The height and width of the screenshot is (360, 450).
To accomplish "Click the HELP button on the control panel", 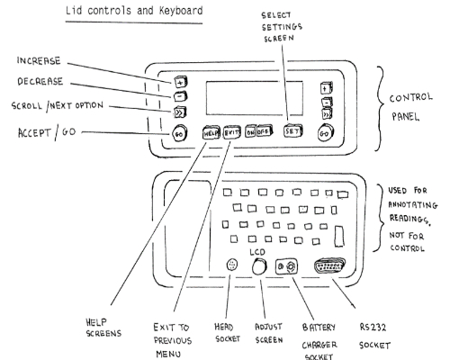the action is [211, 132].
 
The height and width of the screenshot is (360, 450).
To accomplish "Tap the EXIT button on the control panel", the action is [232, 132].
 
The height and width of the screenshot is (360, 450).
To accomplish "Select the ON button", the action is [250, 132].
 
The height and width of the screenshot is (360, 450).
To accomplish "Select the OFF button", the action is [264, 131].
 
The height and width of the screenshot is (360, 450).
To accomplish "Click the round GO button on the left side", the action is [179, 133].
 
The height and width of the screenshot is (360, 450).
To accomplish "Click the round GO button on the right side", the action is [325, 133].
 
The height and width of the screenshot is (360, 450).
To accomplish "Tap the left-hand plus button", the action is [180, 82].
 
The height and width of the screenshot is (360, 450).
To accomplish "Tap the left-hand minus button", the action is [180, 96].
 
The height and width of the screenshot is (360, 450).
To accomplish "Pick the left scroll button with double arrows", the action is [180, 112].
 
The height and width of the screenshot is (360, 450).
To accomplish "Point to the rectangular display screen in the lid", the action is [255, 98].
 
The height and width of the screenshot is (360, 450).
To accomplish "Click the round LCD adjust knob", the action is [259, 266].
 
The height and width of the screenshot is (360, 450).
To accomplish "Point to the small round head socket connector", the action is [232, 265].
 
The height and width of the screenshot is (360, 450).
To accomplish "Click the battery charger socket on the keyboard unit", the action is [286, 266].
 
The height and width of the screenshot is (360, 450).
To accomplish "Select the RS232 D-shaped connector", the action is [329, 265].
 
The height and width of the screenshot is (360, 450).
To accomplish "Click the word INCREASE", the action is [39, 61].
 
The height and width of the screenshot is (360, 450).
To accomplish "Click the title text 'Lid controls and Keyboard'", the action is [134, 11].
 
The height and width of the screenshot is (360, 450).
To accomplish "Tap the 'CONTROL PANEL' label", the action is [410, 107].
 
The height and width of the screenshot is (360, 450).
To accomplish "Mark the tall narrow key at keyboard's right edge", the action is [339, 237].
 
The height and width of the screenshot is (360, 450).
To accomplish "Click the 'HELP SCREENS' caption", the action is [103, 328].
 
